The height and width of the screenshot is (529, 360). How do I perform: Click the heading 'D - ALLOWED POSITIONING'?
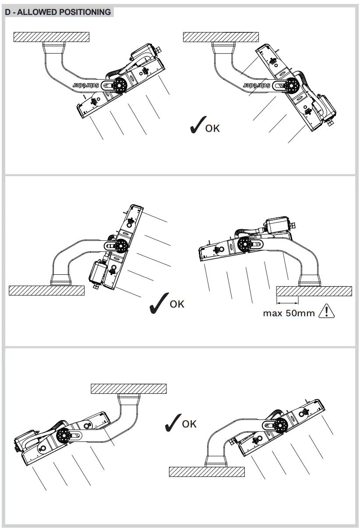click(58, 12)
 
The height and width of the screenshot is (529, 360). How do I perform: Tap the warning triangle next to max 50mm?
click(327, 312)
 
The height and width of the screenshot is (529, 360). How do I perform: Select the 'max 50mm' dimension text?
click(289, 313)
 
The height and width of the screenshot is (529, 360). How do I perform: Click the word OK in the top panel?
click(212, 128)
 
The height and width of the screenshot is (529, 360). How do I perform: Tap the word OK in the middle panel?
click(177, 304)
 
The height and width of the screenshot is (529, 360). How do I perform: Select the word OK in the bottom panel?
click(189, 424)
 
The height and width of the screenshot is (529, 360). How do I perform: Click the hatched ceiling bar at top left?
click(52, 37)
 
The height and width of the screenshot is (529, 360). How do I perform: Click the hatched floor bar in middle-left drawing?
click(46, 291)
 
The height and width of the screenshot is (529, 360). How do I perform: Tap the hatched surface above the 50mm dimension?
click(314, 291)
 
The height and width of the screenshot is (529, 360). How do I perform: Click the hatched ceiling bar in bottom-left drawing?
click(129, 388)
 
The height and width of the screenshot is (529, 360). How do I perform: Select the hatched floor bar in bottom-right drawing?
click(207, 472)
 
